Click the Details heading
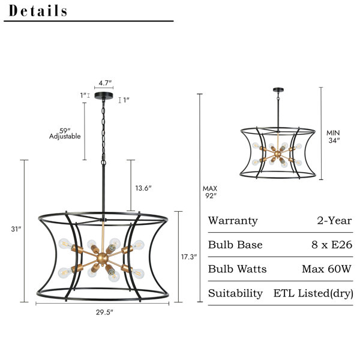pos(38,11)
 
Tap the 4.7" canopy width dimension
pos(105,83)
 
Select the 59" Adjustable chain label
pos(65,134)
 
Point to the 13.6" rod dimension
pos(143,188)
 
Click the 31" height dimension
pos(16,229)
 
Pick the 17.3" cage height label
pos(189,257)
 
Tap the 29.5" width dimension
pos(104,312)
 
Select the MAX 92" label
pos(210,192)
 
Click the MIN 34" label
pos(334,136)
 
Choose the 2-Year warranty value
pos(334,221)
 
